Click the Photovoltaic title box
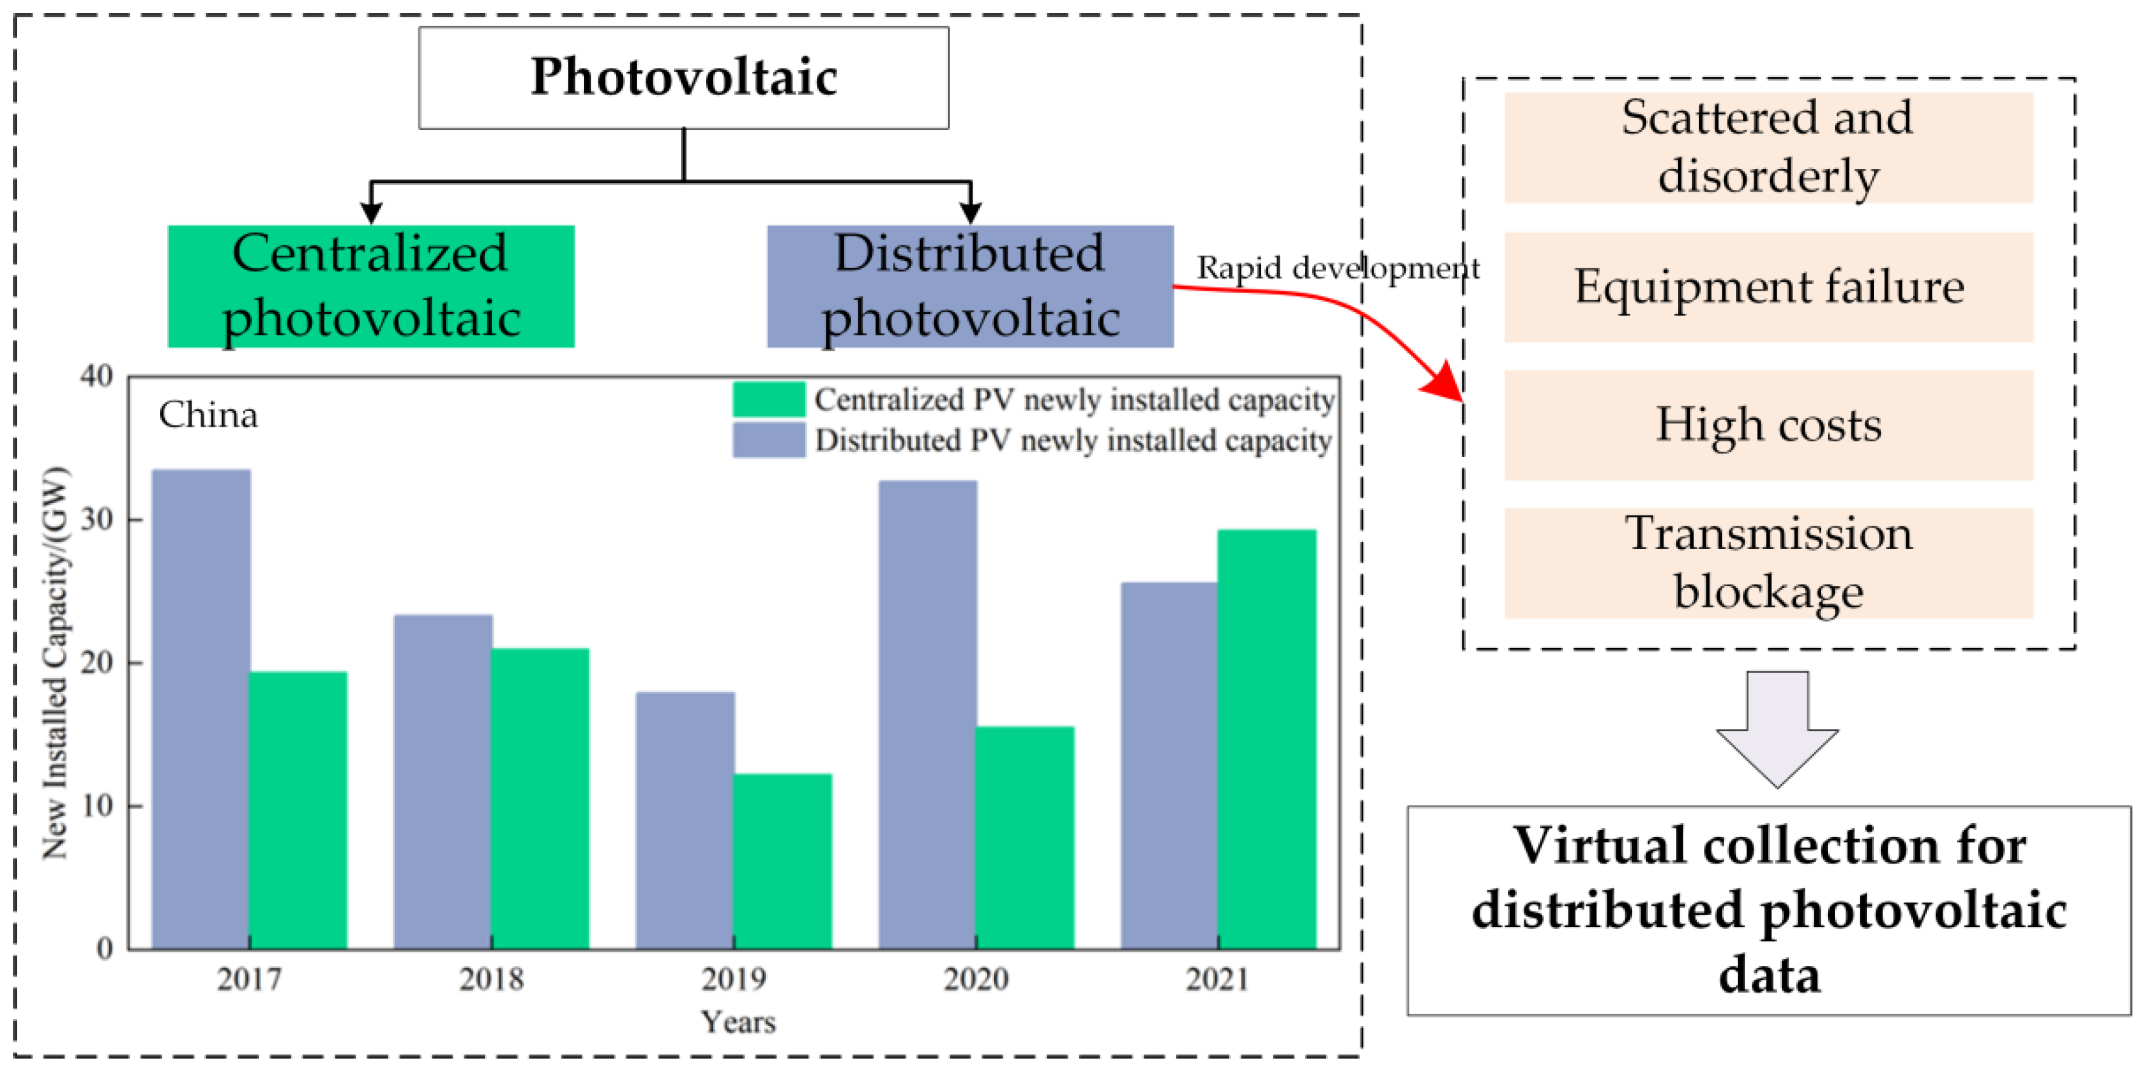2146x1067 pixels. click(x=683, y=78)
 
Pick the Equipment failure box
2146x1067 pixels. click(x=1768, y=287)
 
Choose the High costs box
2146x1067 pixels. click(x=1768, y=425)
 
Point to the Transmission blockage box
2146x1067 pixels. click(x=1768, y=563)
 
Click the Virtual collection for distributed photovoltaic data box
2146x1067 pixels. click(x=1768, y=910)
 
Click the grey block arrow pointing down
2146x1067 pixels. click(x=1777, y=729)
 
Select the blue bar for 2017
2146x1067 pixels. click(x=201, y=709)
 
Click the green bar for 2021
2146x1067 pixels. click(x=1266, y=739)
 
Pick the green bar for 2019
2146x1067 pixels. click(x=782, y=860)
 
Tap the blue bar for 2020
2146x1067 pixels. click(x=927, y=714)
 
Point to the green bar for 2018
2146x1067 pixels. click(x=540, y=798)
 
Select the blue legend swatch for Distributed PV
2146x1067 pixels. click(x=768, y=440)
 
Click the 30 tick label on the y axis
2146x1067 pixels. click(x=96, y=519)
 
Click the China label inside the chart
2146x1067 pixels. click(x=209, y=415)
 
